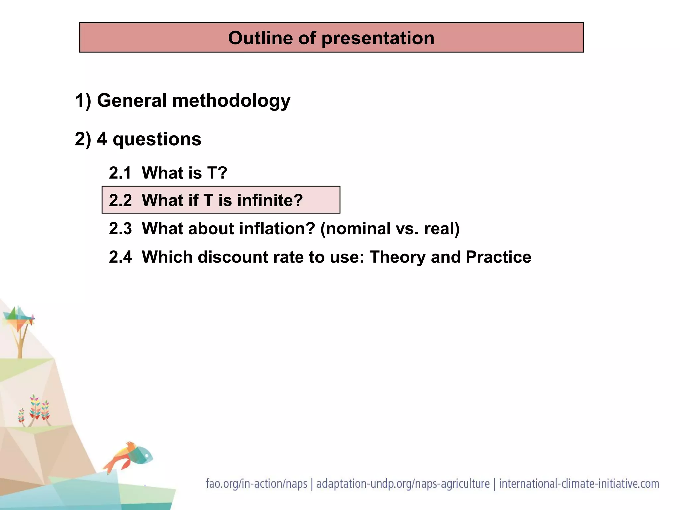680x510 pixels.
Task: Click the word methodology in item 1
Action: pos(231,101)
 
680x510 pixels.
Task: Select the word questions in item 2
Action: pos(157,139)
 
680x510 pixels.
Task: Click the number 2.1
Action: pos(120,173)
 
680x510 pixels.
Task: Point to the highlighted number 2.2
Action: pos(120,200)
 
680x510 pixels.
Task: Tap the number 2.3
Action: pos(120,229)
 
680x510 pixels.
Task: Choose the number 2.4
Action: pos(120,257)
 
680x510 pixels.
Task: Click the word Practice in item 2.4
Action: pos(498,257)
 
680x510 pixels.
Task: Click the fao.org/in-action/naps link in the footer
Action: pos(256,484)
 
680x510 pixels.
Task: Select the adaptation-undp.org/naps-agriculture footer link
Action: pos(403,484)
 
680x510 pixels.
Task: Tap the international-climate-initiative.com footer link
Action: pos(579,484)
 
